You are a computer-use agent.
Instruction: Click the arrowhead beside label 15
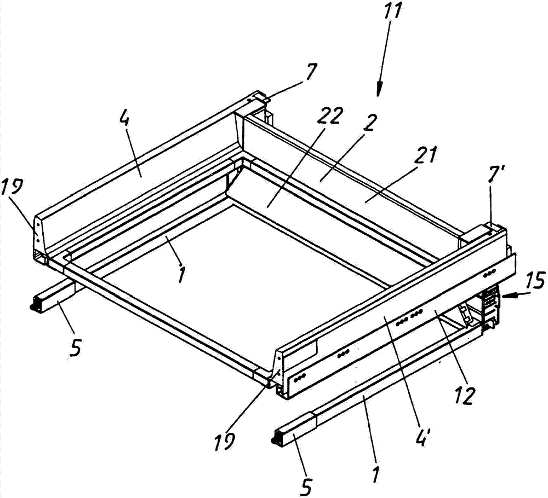coord(507,296)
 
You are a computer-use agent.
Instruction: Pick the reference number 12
coord(465,394)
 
